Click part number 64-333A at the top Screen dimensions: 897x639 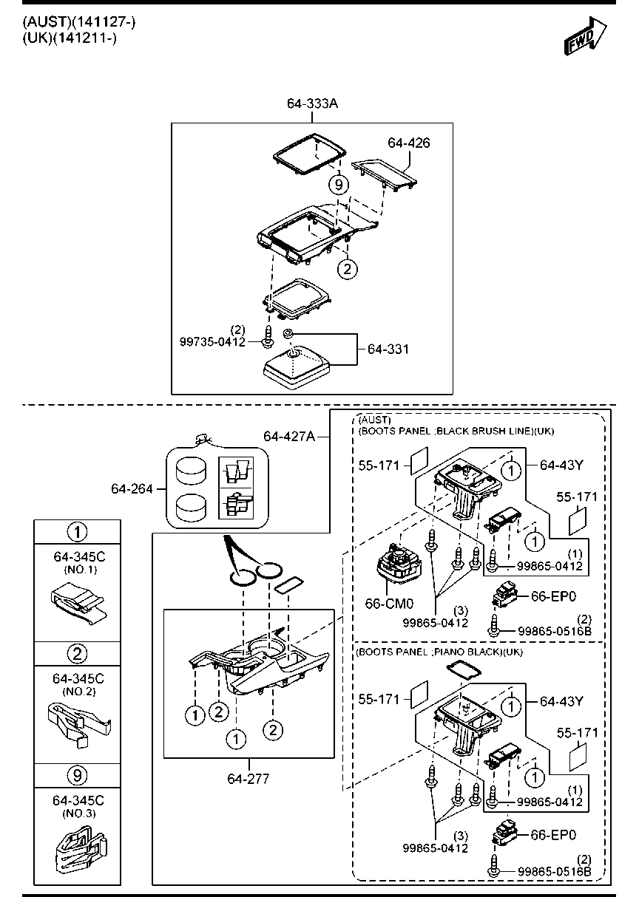[x=313, y=104]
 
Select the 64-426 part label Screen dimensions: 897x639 [x=409, y=143]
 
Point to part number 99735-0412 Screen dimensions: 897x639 [x=212, y=342]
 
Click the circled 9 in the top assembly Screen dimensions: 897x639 [x=338, y=185]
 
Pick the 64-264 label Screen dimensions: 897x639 [x=132, y=488]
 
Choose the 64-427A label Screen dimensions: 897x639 [x=289, y=437]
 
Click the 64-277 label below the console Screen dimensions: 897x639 [x=248, y=778]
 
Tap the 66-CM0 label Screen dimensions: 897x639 [x=389, y=603]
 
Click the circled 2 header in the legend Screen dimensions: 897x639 [x=78, y=653]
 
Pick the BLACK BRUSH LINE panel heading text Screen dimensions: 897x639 [x=456, y=430]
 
